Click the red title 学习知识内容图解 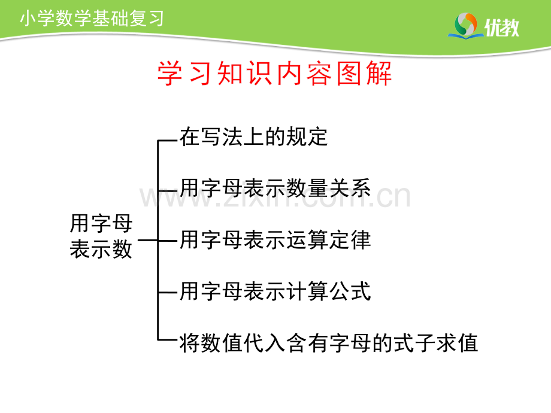tap(274, 73)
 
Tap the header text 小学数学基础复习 tap(92, 19)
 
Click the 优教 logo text tap(502, 27)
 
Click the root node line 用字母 tap(101, 223)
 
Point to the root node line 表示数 tap(101, 249)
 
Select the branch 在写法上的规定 tap(253, 136)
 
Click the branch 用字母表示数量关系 tap(275, 188)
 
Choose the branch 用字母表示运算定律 tap(275, 239)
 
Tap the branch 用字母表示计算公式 tap(275, 291)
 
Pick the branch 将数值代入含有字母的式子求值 tap(329, 343)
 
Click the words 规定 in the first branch tap(307, 136)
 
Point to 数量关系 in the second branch tap(329, 188)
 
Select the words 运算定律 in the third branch tap(329, 239)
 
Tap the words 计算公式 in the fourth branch tap(329, 291)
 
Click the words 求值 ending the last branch tap(457, 343)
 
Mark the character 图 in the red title tap(349, 73)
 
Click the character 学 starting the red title tap(169, 73)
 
